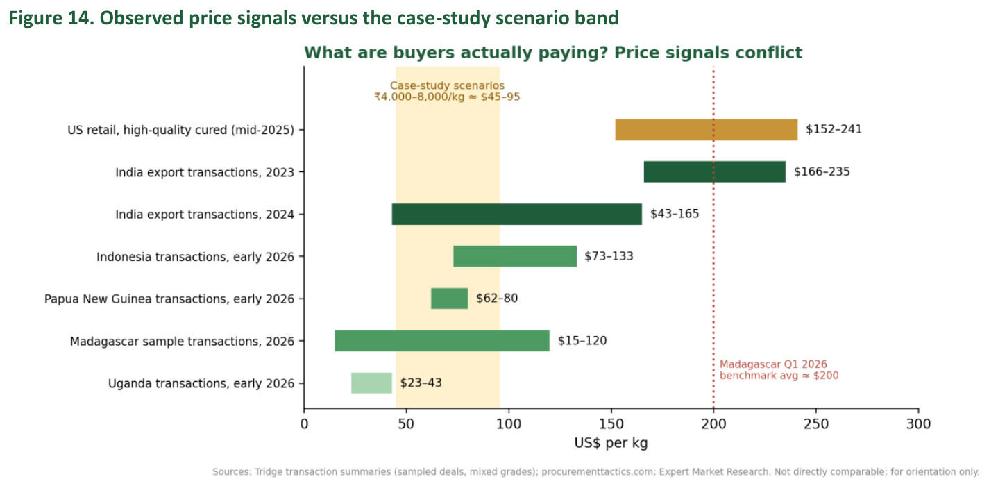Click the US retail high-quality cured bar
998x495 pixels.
[x=707, y=130]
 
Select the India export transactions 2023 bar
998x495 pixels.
[x=715, y=171]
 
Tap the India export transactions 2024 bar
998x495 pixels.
[x=517, y=215]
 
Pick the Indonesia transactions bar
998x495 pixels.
[x=515, y=256]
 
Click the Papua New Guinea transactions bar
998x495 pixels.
[x=450, y=299]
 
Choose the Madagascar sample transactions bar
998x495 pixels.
[x=442, y=341]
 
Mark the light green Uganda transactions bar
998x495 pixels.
[x=371, y=383]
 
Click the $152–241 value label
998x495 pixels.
[x=834, y=129]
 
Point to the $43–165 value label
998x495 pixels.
[x=675, y=214]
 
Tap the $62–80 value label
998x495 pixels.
[x=497, y=298]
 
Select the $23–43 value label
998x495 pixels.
[x=421, y=383]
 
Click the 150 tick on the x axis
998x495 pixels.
[x=611, y=423]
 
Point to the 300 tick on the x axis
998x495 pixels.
[x=918, y=423]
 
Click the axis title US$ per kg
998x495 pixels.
[x=611, y=443]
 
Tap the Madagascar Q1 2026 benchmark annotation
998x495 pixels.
[x=779, y=370]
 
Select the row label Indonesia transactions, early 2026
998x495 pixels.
[x=196, y=257]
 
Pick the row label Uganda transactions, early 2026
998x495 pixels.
[x=201, y=384]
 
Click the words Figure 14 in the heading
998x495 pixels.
[x=51, y=18]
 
